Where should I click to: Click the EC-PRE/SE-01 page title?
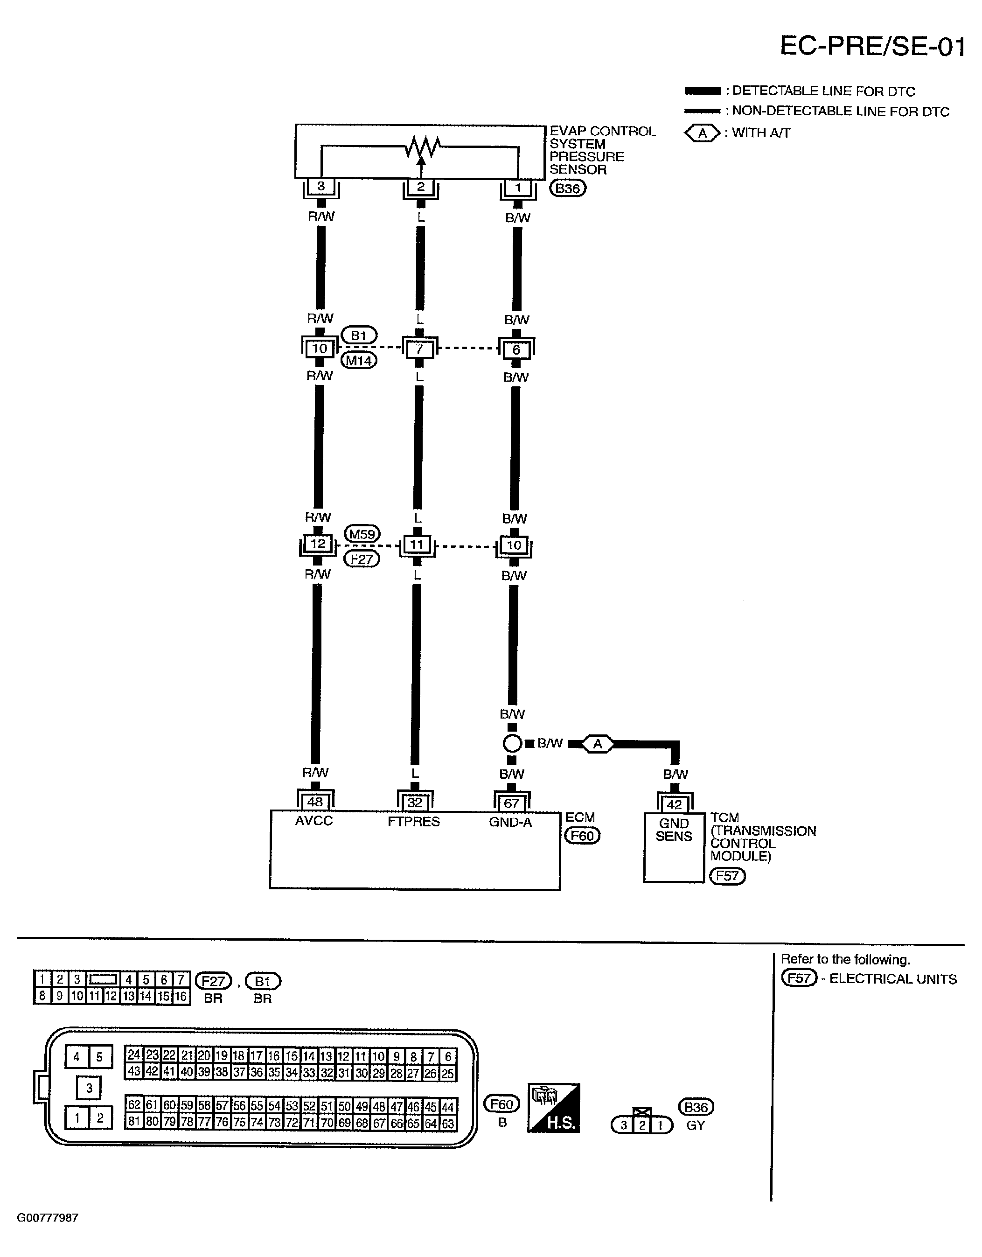[x=871, y=46]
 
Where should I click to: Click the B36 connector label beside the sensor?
[x=567, y=188]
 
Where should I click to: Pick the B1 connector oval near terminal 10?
[x=359, y=335]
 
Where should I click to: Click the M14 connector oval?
[x=359, y=361]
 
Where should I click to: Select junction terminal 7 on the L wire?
[x=419, y=349]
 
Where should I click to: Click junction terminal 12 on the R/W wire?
[x=318, y=544]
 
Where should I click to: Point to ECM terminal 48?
[x=315, y=802]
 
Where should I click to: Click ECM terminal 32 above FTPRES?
[x=415, y=803]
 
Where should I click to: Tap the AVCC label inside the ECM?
[x=314, y=821]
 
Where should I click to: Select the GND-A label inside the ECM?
[x=510, y=823]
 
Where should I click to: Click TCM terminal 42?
[x=674, y=804]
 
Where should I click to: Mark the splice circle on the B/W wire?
[x=511, y=744]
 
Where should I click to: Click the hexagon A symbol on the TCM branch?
[x=598, y=744]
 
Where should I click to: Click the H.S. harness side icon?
[x=553, y=1108]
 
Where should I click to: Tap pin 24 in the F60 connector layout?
[x=133, y=1055]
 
